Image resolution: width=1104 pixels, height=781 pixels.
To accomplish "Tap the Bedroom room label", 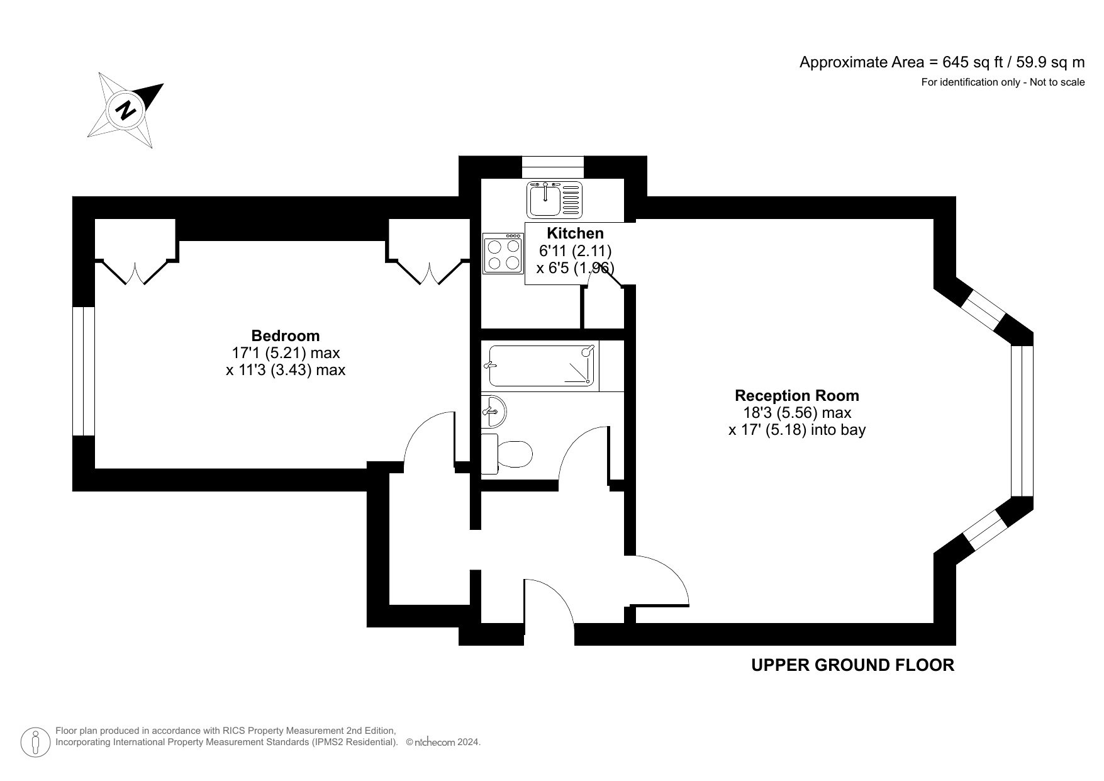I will coord(286,335).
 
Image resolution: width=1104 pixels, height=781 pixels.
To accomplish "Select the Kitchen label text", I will coord(575,233).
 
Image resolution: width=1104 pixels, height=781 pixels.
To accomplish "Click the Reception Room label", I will coord(797,396).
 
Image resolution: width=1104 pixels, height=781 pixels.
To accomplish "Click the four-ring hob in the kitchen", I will coord(503,253).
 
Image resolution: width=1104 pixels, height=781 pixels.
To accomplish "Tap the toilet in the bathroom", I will coord(507,452).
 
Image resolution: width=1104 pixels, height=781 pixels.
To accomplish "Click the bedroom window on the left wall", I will coord(83,371).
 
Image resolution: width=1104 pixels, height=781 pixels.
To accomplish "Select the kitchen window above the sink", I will coord(553,167).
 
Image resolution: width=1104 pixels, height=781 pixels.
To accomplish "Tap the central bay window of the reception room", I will coord(1022,421).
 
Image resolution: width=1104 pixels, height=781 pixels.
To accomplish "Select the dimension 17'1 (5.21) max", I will coord(286,353).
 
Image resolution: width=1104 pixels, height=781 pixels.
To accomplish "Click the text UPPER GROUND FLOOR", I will coord(852,665).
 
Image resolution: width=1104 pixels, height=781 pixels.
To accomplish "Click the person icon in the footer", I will coord(36,742).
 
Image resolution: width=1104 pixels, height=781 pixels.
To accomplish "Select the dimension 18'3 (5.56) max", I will coord(797,413).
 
